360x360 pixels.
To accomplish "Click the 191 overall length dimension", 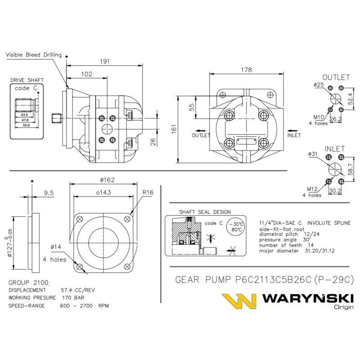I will tap(104, 62).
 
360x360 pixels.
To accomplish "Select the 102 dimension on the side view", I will tap(87, 73).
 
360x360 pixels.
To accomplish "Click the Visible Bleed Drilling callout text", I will tap(33, 55).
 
